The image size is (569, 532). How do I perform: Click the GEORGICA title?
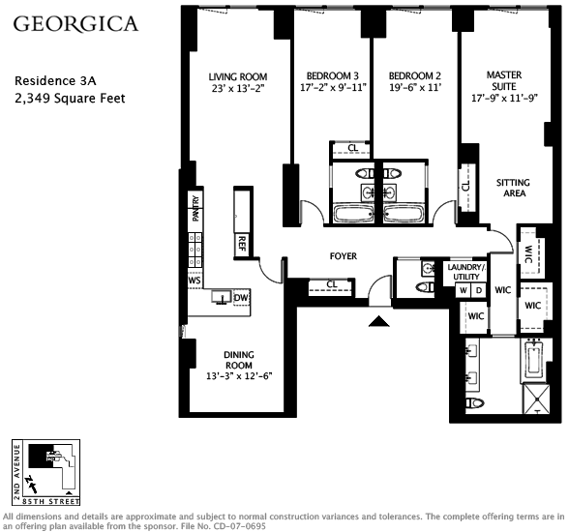(x=75, y=23)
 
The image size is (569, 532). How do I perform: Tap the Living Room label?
(x=238, y=76)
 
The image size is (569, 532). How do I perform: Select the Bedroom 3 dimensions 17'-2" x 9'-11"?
(x=333, y=87)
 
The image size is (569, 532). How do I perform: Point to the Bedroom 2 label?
(x=415, y=75)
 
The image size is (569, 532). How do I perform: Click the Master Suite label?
(x=504, y=80)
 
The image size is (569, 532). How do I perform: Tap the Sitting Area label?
(x=513, y=188)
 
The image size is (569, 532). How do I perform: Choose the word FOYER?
(x=344, y=256)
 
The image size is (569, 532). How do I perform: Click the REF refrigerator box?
(x=242, y=245)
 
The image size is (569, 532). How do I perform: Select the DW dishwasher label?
(x=241, y=298)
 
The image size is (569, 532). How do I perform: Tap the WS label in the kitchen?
(x=195, y=281)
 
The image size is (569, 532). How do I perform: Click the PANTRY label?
(x=195, y=209)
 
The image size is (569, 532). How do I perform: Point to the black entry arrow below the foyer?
(x=379, y=321)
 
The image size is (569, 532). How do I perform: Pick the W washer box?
(x=464, y=290)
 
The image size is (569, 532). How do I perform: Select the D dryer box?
(x=479, y=290)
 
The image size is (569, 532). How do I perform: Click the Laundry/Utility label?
(x=466, y=272)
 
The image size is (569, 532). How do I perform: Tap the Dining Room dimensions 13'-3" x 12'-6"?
(x=239, y=376)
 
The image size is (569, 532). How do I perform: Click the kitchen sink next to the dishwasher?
(x=222, y=297)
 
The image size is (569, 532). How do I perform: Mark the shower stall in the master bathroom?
(x=536, y=399)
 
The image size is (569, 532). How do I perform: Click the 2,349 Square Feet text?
(x=70, y=99)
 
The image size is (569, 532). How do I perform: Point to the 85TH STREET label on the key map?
(x=50, y=502)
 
